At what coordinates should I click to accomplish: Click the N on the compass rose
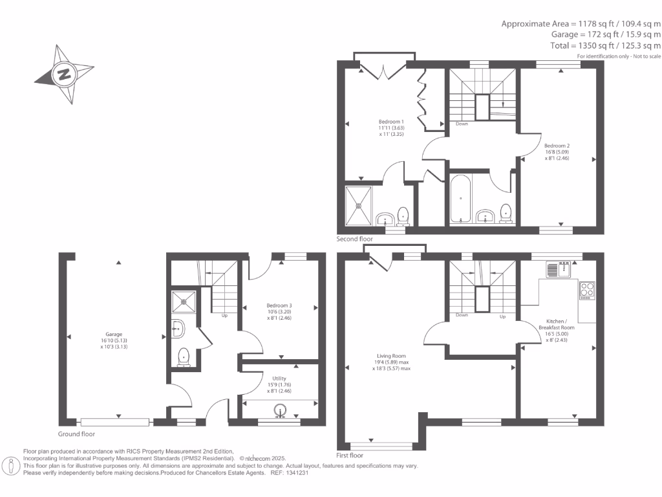[x=64, y=74]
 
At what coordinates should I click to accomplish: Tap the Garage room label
[x=114, y=335]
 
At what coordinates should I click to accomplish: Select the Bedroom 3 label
[x=279, y=305]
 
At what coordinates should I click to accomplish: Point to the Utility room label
[x=279, y=379]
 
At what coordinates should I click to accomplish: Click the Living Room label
[x=391, y=357]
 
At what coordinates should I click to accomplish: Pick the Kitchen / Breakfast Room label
[x=557, y=324]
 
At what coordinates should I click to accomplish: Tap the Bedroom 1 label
[x=391, y=122]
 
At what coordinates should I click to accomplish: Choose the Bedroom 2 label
[x=557, y=146]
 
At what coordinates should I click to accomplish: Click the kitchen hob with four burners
[x=587, y=291]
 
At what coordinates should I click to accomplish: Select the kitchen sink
[x=558, y=270]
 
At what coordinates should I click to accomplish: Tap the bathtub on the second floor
[x=460, y=198]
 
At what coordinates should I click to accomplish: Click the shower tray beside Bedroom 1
[x=358, y=206]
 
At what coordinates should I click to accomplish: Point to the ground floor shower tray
[x=184, y=302]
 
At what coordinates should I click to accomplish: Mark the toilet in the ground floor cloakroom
[x=184, y=357]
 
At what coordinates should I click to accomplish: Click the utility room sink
[x=280, y=410]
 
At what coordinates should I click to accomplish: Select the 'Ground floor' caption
[x=76, y=434]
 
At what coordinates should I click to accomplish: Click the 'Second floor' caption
[x=355, y=239]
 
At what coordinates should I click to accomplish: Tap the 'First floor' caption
[x=350, y=456]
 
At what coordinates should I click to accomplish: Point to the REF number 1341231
[x=297, y=473]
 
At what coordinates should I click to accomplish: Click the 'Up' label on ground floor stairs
[x=224, y=316]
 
